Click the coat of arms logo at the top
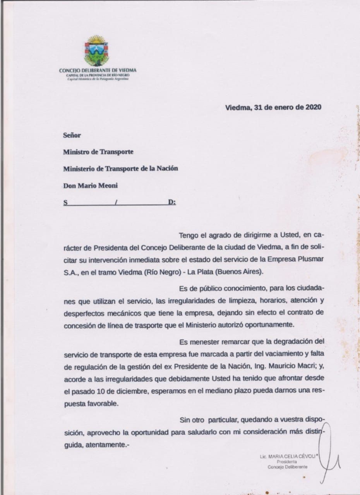[96, 51]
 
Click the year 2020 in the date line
[313, 108]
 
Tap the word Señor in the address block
[72, 135]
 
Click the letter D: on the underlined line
[172, 202]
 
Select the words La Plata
[211, 271]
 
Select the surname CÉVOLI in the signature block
[307, 457]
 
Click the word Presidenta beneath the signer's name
[287, 462]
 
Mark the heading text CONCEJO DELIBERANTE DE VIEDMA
[98, 70]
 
